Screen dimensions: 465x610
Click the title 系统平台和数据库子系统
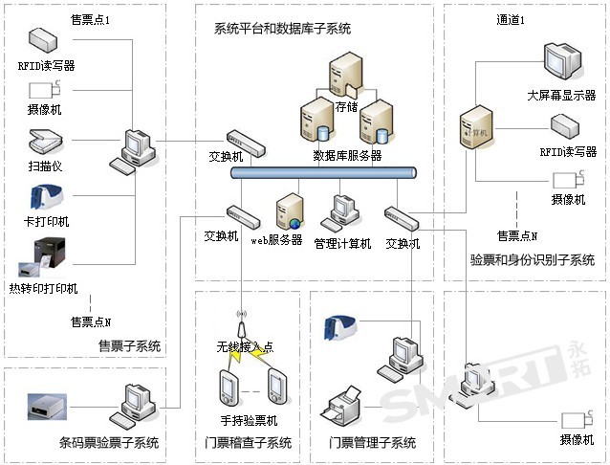(x=282, y=29)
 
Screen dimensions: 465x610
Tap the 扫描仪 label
(x=45, y=166)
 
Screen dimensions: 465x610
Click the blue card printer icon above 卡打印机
(x=44, y=197)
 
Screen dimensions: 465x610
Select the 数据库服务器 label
(x=347, y=155)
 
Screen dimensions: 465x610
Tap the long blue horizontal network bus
(x=324, y=173)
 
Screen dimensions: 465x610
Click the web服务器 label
(x=276, y=240)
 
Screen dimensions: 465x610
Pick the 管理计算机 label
(x=342, y=243)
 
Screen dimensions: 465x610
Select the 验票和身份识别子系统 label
(x=533, y=260)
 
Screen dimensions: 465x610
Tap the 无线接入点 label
(x=244, y=345)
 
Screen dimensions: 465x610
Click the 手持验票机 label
(x=243, y=420)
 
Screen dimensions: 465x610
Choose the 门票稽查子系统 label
(x=248, y=443)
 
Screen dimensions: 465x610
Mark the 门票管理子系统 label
(x=373, y=443)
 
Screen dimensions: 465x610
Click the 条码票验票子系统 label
(x=108, y=443)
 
